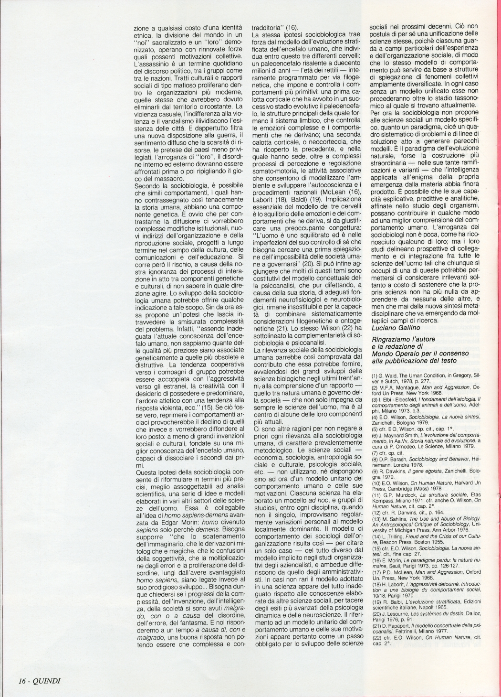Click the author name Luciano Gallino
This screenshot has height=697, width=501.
[x=397, y=327]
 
